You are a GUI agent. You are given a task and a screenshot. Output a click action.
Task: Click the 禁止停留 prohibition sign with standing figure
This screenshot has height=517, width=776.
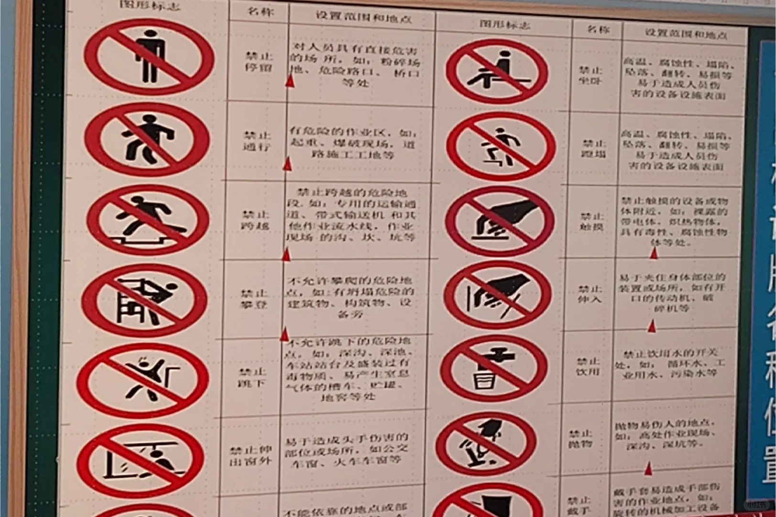[x=149, y=56]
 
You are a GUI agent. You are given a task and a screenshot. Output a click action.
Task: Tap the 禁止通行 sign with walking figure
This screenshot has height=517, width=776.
[x=147, y=139]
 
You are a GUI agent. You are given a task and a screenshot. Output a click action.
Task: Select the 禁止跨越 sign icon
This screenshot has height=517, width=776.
[x=147, y=220]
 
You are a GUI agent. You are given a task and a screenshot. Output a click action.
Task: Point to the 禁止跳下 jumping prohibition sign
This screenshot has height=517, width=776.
[x=142, y=380]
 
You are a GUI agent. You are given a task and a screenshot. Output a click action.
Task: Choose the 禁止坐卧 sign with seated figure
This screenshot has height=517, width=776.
[x=500, y=71]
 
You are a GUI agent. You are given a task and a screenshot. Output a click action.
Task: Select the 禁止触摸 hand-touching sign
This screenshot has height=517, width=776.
[x=500, y=221]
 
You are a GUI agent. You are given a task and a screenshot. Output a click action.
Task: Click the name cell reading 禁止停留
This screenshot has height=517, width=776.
[x=259, y=62]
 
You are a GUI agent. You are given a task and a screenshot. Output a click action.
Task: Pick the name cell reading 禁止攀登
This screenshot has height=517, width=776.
[x=254, y=299]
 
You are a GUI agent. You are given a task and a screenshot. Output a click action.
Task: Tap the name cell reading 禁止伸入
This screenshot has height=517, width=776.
[x=590, y=294]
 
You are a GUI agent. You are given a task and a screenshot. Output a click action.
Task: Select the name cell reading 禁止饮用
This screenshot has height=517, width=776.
[x=588, y=366]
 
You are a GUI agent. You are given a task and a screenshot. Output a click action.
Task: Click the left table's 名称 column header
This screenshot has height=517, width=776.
[x=260, y=11]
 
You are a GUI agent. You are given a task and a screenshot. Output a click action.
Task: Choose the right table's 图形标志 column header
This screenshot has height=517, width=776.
[x=505, y=24]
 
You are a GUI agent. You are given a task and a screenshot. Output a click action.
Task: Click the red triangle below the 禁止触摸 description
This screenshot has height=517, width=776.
[x=654, y=252]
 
